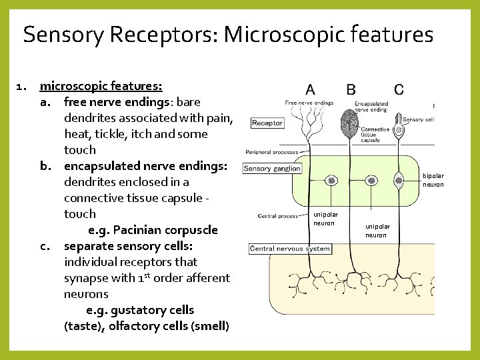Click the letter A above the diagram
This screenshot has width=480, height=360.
[311, 89]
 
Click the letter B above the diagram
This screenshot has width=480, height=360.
[351, 89]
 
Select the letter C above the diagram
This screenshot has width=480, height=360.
[398, 89]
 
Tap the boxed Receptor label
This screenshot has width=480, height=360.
[267, 123]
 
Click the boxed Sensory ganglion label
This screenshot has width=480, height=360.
[272, 169]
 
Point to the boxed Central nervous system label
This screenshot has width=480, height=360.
[290, 249]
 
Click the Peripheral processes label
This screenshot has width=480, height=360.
[272, 152]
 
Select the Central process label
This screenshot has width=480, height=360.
[278, 216]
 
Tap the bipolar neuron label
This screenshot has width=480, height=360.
[433, 181]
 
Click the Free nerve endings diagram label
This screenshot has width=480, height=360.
[309, 103]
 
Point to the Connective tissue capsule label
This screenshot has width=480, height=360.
[375, 135]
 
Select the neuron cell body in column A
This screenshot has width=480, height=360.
[331, 181]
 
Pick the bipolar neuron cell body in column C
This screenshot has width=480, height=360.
[399, 180]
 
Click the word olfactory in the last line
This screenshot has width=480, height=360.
[137, 326]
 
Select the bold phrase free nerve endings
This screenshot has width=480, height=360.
[115, 102]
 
